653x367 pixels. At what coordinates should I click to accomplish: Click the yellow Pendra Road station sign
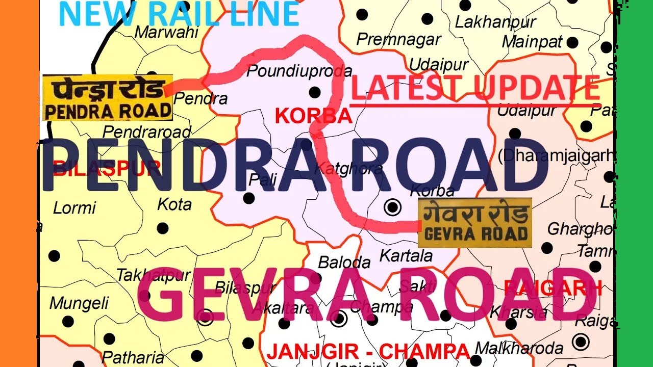coord(107,98)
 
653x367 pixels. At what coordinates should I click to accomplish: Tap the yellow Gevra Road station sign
coord(474,223)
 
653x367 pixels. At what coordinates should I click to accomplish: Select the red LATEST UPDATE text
coord(475,88)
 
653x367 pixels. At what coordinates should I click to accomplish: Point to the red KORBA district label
coord(313,116)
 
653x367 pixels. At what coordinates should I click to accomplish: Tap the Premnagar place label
coord(398,39)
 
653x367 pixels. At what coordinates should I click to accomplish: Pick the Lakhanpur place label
coord(495,22)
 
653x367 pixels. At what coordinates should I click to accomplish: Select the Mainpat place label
coord(532,41)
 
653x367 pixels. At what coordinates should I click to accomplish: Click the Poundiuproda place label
coord(299,71)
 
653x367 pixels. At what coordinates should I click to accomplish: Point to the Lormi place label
coord(74,207)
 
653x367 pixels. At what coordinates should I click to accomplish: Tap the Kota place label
coord(174,204)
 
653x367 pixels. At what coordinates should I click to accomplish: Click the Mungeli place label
coord(79,303)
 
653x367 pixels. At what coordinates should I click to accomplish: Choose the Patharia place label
coord(133,357)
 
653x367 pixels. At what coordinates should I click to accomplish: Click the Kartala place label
coord(406,255)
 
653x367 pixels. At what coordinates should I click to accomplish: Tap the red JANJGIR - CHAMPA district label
coord(368,351)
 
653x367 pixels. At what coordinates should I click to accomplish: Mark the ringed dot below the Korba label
coord(392,207)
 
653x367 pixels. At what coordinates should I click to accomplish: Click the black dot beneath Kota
coord(163,228)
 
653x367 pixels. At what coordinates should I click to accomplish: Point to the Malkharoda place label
coord(519,349)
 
